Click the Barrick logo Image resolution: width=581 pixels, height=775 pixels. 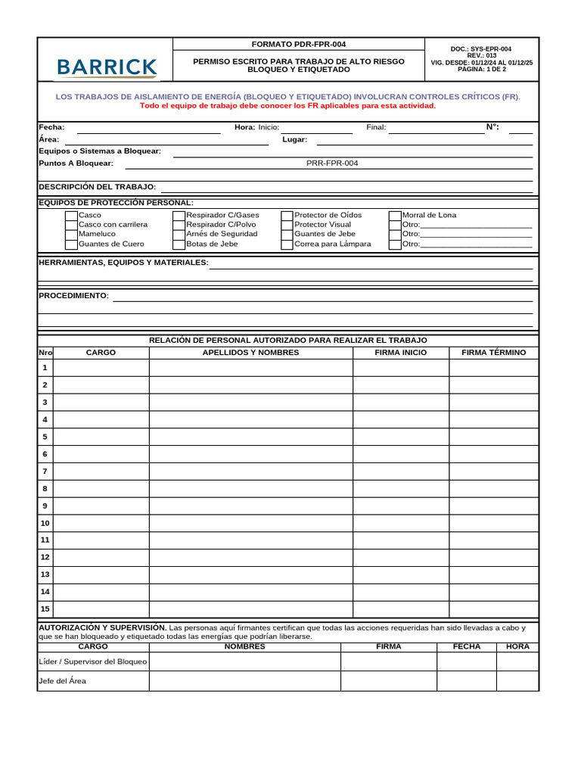click(106, 67)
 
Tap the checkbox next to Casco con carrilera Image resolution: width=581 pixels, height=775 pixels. click(71, 225)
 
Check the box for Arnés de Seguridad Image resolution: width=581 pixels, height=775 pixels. click(179, 235)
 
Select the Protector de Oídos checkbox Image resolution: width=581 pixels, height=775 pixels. click(287, 216)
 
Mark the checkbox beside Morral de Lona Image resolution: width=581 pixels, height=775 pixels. click(395, 216)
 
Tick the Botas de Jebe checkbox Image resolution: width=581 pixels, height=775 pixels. click(179, 244)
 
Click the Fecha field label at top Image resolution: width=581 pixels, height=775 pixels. click(51, 128)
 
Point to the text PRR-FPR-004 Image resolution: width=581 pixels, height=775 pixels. click(332, 163)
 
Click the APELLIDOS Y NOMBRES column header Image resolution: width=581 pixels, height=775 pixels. click(250, 353)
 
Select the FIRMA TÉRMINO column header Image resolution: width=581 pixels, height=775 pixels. click(493, 353)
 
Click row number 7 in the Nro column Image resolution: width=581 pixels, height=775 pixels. click(45, 472)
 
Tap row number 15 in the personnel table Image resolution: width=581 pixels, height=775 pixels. click(45, 609)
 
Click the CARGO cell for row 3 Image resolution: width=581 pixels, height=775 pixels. click(101, 403)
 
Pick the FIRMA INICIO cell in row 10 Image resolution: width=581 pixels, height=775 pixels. click(400, 523)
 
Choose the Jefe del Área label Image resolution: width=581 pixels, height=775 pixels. click(62, 681)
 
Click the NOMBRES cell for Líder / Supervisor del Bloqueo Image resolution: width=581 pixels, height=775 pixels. click(244, 661)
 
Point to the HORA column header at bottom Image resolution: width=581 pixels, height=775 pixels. click(517, 647)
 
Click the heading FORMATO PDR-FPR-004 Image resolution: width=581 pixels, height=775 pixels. click(299, 45)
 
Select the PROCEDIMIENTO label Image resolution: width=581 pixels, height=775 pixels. click(73, 295)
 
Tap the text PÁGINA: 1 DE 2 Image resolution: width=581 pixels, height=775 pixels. click(481, 70)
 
